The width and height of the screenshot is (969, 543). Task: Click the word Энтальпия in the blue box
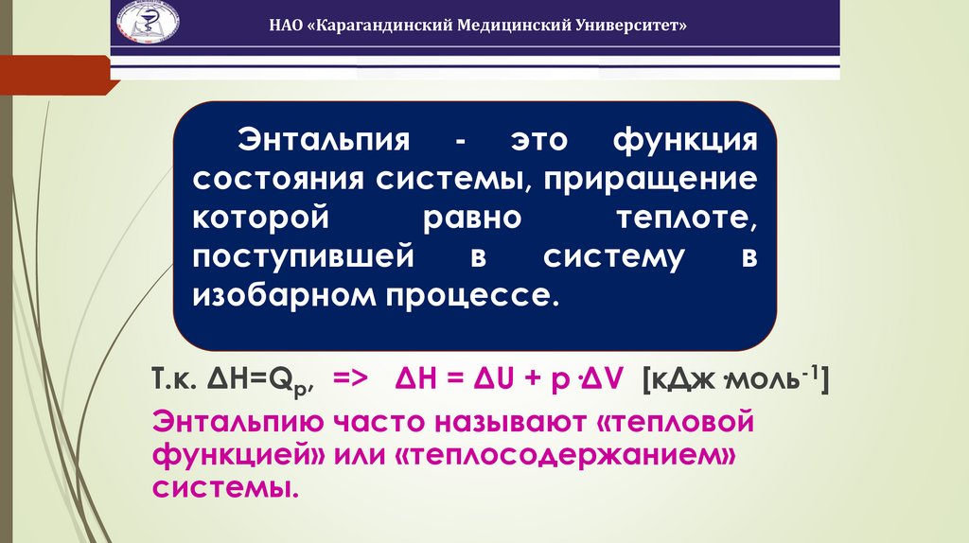[322, 141]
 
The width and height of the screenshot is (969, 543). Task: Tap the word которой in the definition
[261, 219]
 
